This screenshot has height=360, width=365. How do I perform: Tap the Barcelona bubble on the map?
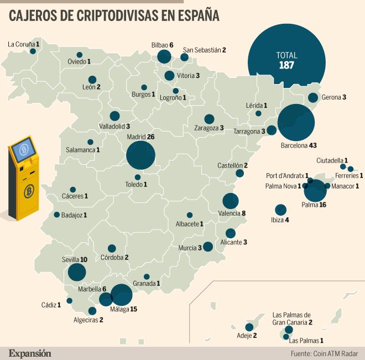click(296, 123)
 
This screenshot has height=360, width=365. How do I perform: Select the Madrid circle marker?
click(140, 155)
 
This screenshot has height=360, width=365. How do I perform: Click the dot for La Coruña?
click(33, 51)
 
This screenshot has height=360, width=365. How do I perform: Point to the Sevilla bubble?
click(77, 272)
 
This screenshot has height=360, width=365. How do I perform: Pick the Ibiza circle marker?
click(281, 210)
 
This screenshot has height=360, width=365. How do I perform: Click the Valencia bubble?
click(231, 201)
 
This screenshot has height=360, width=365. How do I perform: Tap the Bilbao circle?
click(164, 56)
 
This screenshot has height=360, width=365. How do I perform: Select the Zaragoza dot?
click(209, 118)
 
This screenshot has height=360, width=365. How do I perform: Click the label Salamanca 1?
click(83, 150)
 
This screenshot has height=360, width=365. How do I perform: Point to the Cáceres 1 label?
click(70, 196)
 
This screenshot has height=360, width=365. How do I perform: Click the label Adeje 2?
click(247, 335)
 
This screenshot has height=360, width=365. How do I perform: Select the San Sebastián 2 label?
click(205, 50)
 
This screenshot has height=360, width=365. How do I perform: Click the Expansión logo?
click(29, 352)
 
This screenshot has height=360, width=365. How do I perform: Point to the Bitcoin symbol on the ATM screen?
click(24, 150)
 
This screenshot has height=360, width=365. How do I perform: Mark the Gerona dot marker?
click(313, 97)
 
